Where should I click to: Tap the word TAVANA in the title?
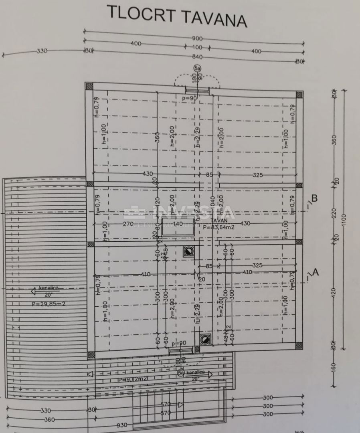[x=214, y=18]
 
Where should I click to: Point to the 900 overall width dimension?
[x=197, y=39]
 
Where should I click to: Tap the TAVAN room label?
[x=218, y=220]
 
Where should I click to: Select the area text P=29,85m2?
[x=49, y=304]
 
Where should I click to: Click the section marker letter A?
[x=315, y=272]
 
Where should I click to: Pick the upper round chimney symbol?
[x=188, y=251]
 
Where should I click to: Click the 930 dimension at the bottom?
[x=122, y=425]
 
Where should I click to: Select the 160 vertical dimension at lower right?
[x=334, y=367]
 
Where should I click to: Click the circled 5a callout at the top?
[x=197, y=69]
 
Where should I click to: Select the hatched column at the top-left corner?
[x=89, y=86]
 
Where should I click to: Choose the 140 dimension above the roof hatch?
[x=178, y=223]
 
